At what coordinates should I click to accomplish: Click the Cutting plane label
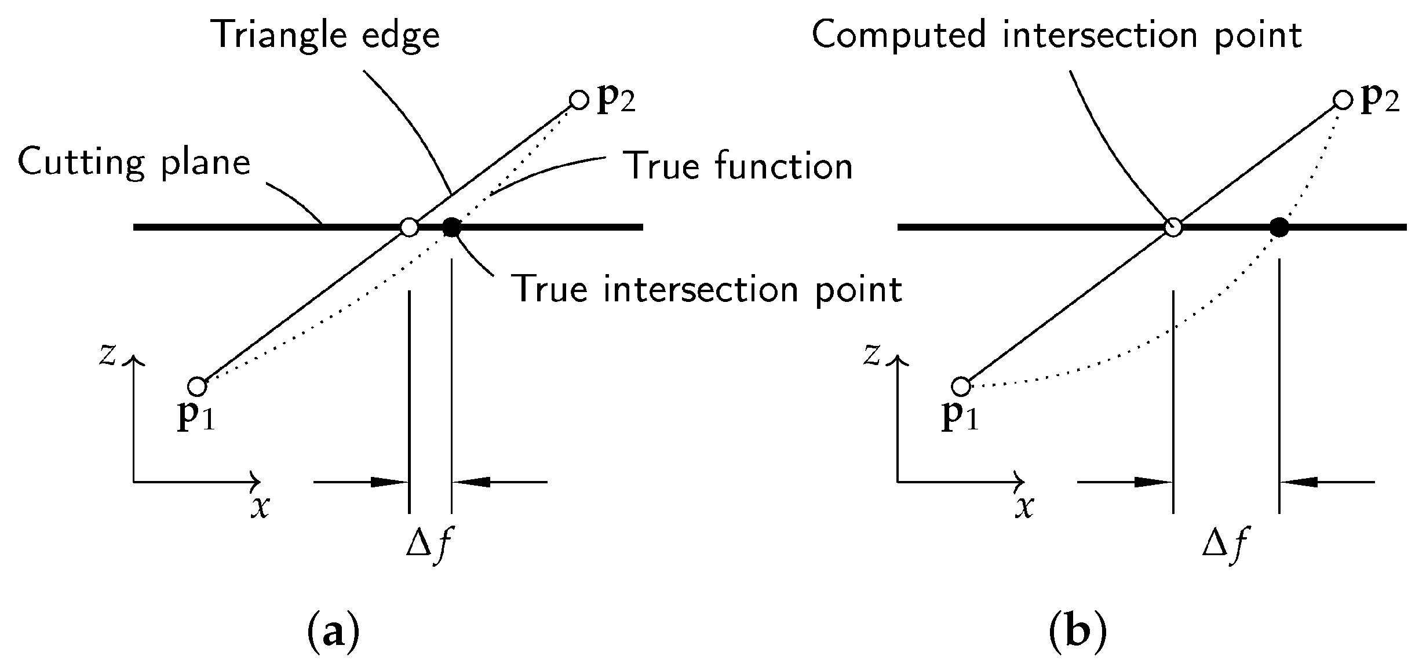pos(134,162)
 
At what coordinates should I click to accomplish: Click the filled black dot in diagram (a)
pos(451,228)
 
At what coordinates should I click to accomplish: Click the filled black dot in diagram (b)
pos(1279,228)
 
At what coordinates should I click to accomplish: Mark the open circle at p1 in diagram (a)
pos(197,385)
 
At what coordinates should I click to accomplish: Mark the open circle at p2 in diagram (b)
pos(1343,100)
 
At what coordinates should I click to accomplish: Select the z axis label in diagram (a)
pos(108,355)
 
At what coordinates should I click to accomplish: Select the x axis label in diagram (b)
pos(1024,508)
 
